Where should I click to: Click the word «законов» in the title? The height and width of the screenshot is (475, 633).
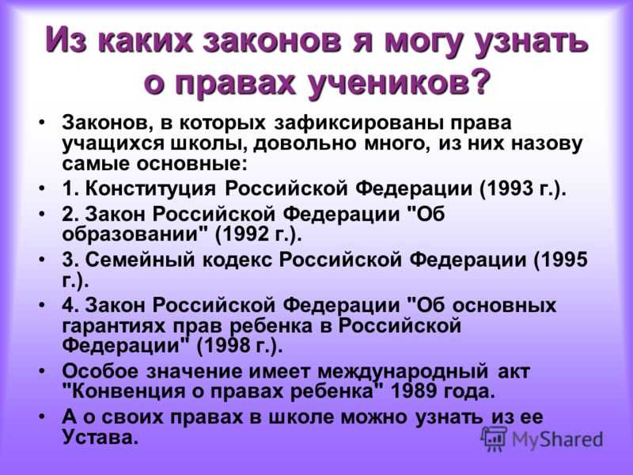click(x=272, y=40)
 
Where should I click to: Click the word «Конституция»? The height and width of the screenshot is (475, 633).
click(x=150, y=188)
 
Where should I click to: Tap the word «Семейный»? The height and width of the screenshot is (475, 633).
click(x=140, y=260)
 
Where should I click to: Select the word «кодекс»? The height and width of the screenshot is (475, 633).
click(x=237, y=260)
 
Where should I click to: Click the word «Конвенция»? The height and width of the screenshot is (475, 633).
click(x=127, y=391)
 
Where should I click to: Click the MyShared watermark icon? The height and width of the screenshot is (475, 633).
click(x=493, y=439)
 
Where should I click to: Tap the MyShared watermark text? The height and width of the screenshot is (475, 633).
click(x=557, y=439)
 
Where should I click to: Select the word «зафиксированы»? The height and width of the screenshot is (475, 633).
click(x=358, y=123)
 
